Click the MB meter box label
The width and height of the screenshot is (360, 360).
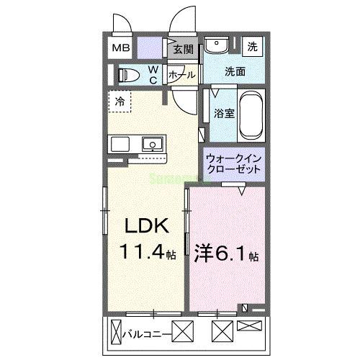pos(121,48)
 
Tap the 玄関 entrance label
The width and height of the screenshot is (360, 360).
pos(184,50)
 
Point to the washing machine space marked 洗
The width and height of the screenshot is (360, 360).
pos(253,46)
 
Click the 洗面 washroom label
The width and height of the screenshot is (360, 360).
pos(235,71)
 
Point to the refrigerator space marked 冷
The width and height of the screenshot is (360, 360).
pos(120,102)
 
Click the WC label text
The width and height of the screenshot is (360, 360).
pos(153,74)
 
